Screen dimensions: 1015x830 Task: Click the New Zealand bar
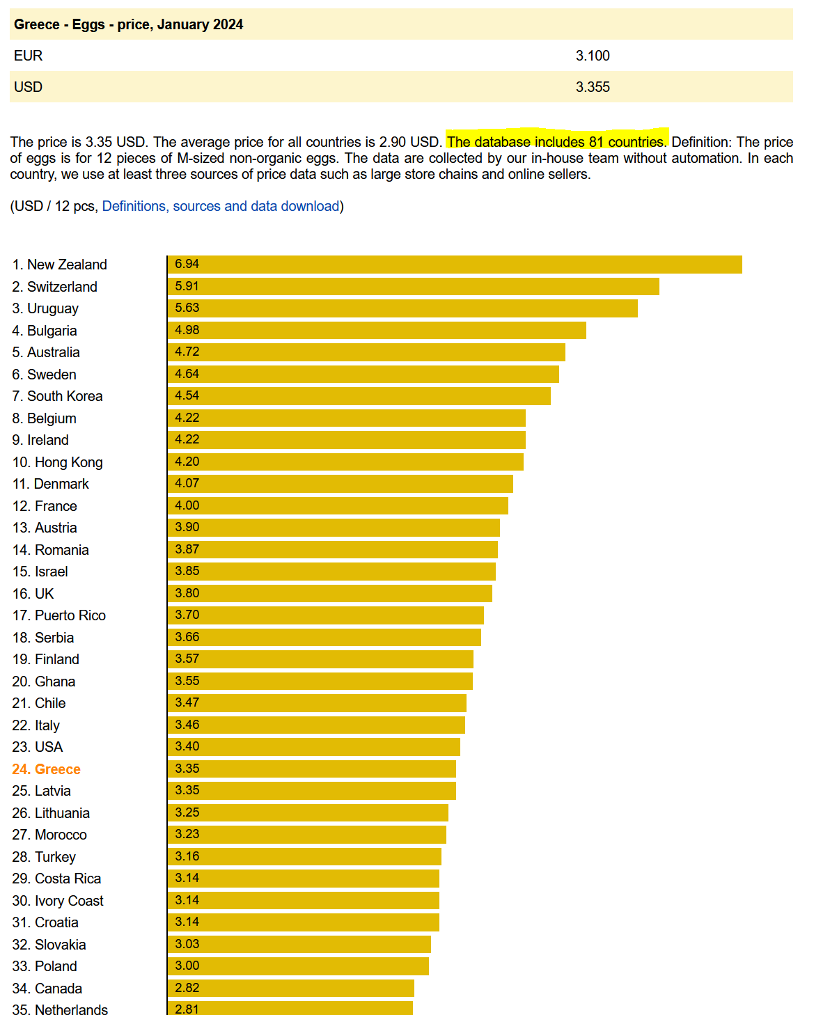[455, 265]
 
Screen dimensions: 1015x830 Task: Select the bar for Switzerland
[414, 287]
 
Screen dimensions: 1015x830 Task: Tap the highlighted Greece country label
[46, 769]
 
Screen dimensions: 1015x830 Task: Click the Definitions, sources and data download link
[221, 206]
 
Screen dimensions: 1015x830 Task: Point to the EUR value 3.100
[593, 56]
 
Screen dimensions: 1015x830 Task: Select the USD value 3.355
[593, 87]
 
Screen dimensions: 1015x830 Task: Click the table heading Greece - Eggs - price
[128, 24]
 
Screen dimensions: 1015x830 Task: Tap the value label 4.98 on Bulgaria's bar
[187, 330]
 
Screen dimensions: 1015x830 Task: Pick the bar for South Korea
[359, 396]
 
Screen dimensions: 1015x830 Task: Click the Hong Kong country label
[57, 462]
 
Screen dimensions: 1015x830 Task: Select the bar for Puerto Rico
[326, 615]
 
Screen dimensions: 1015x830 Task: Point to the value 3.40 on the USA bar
[187, 746]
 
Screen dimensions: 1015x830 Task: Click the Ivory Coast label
[58, 901]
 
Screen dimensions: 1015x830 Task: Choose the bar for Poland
[298, 966]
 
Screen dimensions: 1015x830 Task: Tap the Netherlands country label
[60, 1009]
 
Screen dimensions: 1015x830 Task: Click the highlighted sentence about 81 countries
[556, 142]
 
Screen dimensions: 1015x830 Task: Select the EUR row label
[29, 56]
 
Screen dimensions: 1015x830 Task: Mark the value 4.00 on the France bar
[187, 505]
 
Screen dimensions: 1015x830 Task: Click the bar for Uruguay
[402, 308]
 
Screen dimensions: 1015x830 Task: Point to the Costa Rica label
[56, 879]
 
